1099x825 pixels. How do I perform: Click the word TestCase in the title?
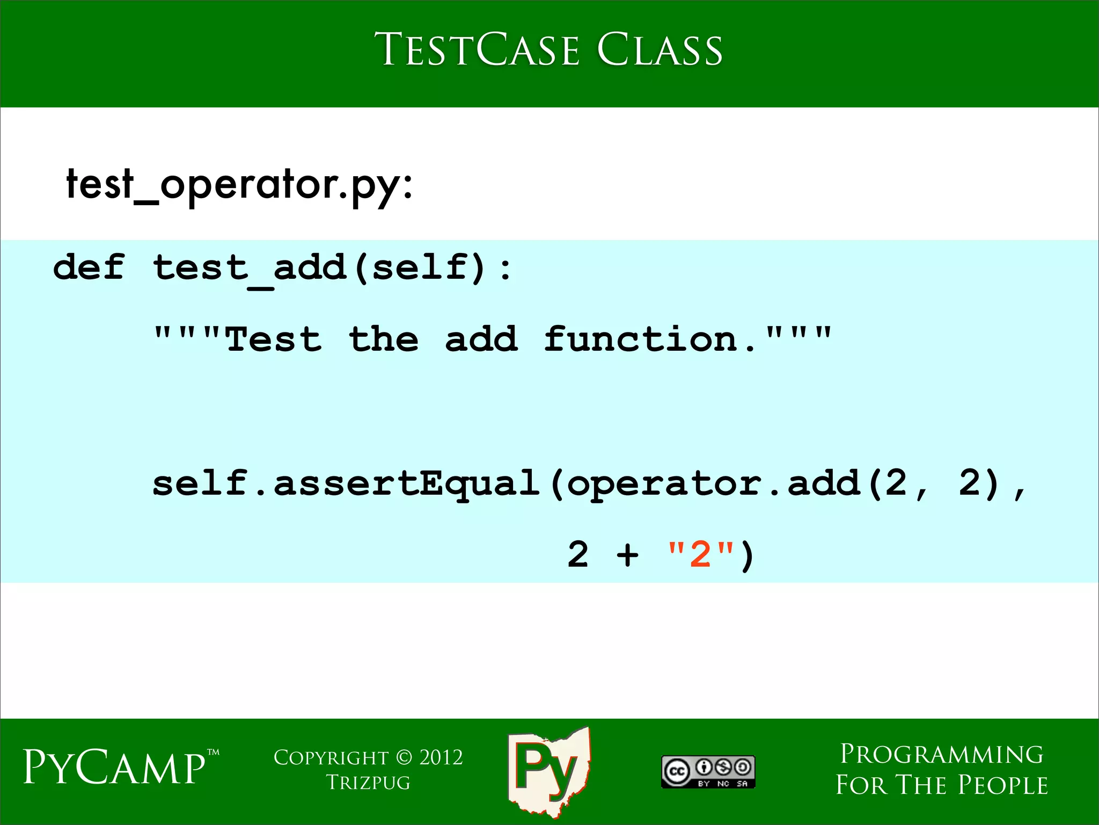[477, 49]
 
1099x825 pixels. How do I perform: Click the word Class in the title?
[660, 49]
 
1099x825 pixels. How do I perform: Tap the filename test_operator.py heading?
[239, 184]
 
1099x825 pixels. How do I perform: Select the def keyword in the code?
[89, 267]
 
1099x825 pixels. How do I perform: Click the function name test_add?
[250, 268]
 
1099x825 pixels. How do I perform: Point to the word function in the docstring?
[641, 339]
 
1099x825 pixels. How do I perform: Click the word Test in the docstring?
[274, 339]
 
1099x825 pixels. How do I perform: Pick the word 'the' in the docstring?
[383, 339]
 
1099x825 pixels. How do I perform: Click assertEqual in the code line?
[406, 483]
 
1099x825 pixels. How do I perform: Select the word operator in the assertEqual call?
[664, 483]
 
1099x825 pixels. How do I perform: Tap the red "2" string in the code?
[700, 554]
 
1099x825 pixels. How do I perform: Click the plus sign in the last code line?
[627, 554]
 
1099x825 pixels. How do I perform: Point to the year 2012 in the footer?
[441, 757]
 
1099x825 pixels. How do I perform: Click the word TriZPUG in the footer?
[368, 783]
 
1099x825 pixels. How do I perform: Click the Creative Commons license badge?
[708, 771]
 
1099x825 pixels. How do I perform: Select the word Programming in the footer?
[941, 754]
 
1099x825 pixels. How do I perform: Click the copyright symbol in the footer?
[404, 757]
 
